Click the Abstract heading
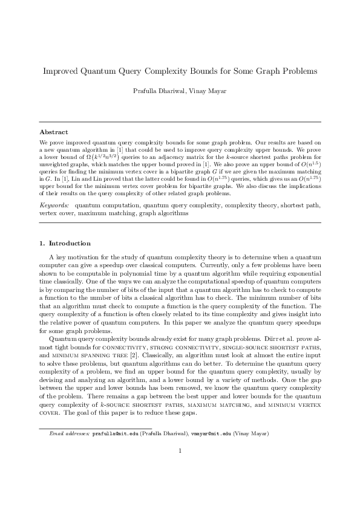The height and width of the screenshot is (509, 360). click(54, 131)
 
